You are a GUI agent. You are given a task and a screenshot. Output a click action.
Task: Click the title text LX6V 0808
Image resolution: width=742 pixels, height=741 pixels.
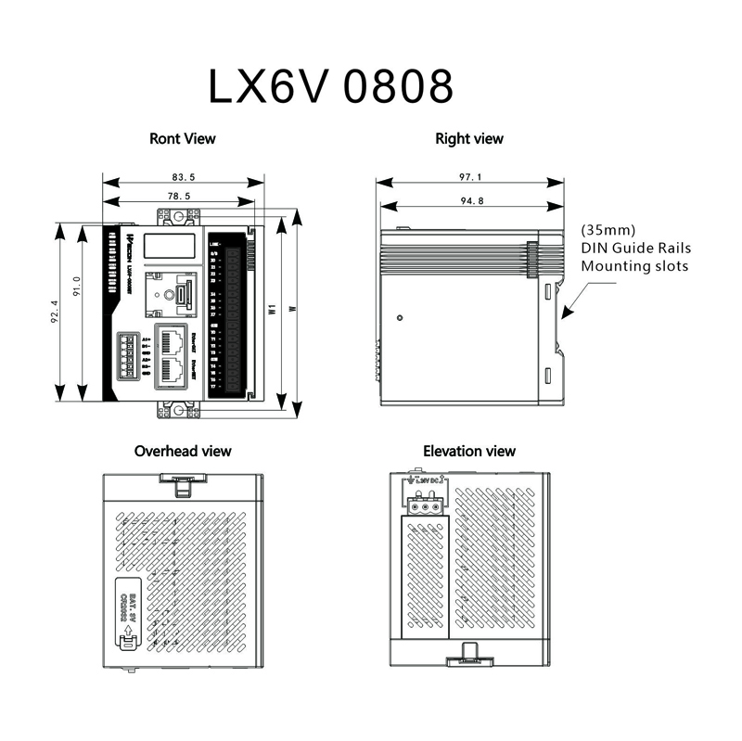click(331, 85)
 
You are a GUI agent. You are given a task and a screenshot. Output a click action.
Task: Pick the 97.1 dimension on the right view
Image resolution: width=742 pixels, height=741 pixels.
click(471, 176)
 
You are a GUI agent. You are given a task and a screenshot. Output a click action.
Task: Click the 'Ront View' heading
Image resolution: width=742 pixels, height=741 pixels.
click(183, 139)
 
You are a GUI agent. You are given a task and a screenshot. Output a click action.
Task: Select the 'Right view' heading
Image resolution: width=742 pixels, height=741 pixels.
click(469, 139)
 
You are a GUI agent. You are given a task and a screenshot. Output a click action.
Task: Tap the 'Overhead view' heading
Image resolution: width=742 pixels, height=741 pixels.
click(183, 452)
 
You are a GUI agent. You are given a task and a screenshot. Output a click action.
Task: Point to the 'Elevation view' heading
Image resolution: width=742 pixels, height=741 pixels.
click(469, 452)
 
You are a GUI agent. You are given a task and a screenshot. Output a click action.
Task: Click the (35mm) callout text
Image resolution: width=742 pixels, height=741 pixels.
click(608, 229)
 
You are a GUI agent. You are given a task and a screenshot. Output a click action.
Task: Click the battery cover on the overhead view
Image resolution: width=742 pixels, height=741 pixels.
click(128, 612)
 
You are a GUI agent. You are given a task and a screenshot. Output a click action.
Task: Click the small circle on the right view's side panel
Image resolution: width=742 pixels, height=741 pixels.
click(399, 318)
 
